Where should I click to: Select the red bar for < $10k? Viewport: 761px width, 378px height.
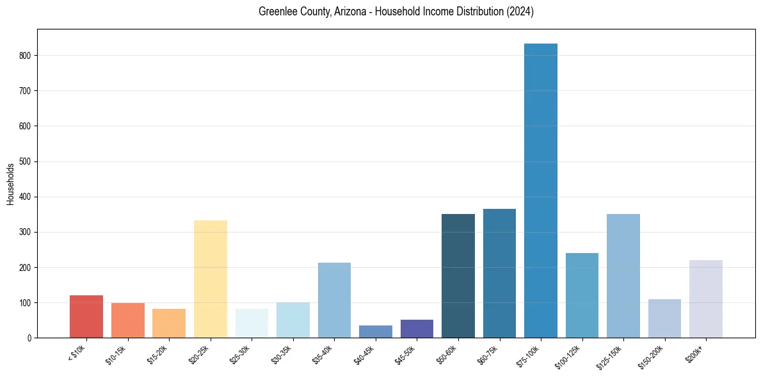(x=86, y=316)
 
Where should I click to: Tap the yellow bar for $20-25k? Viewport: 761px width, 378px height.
(x=211, y=279)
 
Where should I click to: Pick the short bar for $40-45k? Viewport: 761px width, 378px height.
(x=376, y=331)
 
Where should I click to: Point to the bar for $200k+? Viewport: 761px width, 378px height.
(x=706, y=299)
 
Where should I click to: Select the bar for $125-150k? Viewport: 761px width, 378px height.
(x=623, y=275)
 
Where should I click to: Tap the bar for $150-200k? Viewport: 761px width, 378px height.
(x=664, y=318)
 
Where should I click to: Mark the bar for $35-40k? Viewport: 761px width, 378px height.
(x=334, y=300)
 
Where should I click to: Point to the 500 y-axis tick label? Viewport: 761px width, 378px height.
(x=26, y=161)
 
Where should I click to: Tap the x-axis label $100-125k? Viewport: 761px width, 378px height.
(x=568, y=356)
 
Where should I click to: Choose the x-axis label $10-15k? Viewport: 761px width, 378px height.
(x=115, y=354)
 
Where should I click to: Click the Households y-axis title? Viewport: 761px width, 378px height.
(x=10, y=184)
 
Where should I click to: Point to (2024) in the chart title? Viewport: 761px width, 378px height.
(x=521, y=12)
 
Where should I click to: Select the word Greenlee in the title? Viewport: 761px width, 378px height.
(x=276, y=12)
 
